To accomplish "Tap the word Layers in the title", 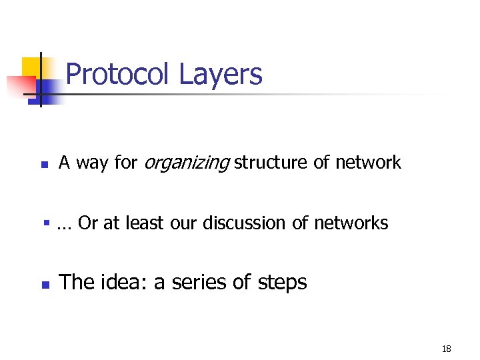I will (221, 75).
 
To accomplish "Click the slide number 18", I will (446, 349).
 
